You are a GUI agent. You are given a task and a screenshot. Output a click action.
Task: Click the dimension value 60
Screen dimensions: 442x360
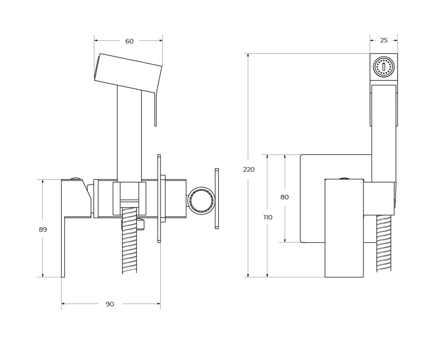(130, 41)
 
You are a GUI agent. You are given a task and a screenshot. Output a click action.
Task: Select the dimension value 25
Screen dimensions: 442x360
(384, 40)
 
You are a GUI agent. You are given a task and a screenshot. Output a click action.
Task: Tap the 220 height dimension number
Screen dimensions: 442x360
(249, 169)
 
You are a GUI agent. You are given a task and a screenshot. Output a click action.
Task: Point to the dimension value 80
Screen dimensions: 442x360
(285, 197)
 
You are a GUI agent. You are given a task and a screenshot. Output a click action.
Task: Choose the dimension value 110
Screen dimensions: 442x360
(268, 217)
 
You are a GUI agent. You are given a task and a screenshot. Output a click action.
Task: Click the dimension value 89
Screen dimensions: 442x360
(43, 230)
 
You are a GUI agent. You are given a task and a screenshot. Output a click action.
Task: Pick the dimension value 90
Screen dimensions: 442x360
(110, 304)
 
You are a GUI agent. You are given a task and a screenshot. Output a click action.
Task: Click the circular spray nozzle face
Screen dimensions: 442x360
(383, 67)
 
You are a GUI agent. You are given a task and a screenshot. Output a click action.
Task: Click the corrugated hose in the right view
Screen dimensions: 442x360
(384, 244)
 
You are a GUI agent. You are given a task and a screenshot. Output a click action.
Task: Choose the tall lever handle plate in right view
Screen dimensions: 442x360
(344, 228)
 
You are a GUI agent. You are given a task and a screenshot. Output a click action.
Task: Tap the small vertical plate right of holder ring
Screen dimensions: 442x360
(217, 199)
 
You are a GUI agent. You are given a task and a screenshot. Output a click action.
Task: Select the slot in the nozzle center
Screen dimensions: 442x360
(383, 67)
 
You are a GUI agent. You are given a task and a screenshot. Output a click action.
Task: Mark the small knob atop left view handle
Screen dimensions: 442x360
(76, 178)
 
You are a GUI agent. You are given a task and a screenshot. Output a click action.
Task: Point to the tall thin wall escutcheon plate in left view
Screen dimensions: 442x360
(159, 198)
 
